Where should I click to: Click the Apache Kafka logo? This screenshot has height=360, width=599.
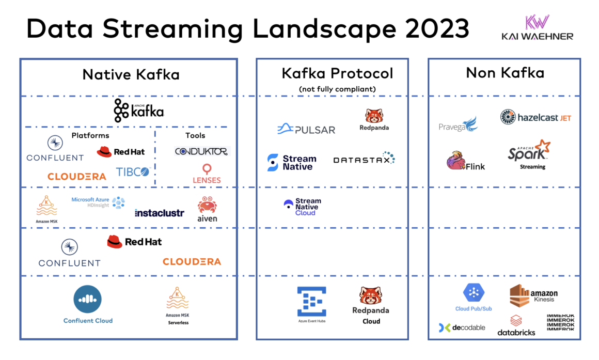[x=138, y=111]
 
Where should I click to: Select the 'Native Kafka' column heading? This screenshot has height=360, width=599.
[x=131, y=74]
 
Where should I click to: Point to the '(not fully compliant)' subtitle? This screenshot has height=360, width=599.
[x=337, y=89]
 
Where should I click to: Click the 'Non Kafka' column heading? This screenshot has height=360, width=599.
[x=505, y=73]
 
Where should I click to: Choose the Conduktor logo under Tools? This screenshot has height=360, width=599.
[x=201, y=151]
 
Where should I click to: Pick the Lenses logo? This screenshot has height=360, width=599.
[x=207, y=174]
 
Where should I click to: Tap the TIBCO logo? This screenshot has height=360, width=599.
[x=133, y=172]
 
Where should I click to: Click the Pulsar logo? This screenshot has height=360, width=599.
[x=306, y=129]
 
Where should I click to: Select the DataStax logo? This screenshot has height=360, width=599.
[x=364, y=159]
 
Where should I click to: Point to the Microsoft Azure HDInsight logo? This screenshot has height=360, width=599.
[x=98, y=202]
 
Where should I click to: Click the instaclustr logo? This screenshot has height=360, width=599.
[x=159, y=213]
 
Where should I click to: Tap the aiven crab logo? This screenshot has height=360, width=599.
[x=207, y=209]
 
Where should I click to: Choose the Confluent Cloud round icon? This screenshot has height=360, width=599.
[x=87, y=300]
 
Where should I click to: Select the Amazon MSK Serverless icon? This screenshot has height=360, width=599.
[x=177, y=300]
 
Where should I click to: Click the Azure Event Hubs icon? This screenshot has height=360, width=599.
[x=311, y=302]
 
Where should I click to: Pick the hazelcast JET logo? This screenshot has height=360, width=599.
[x=535, y=117]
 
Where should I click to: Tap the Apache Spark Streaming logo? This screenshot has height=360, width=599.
[x=529, y=153]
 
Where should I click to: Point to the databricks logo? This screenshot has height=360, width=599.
[x=516, y=325]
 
